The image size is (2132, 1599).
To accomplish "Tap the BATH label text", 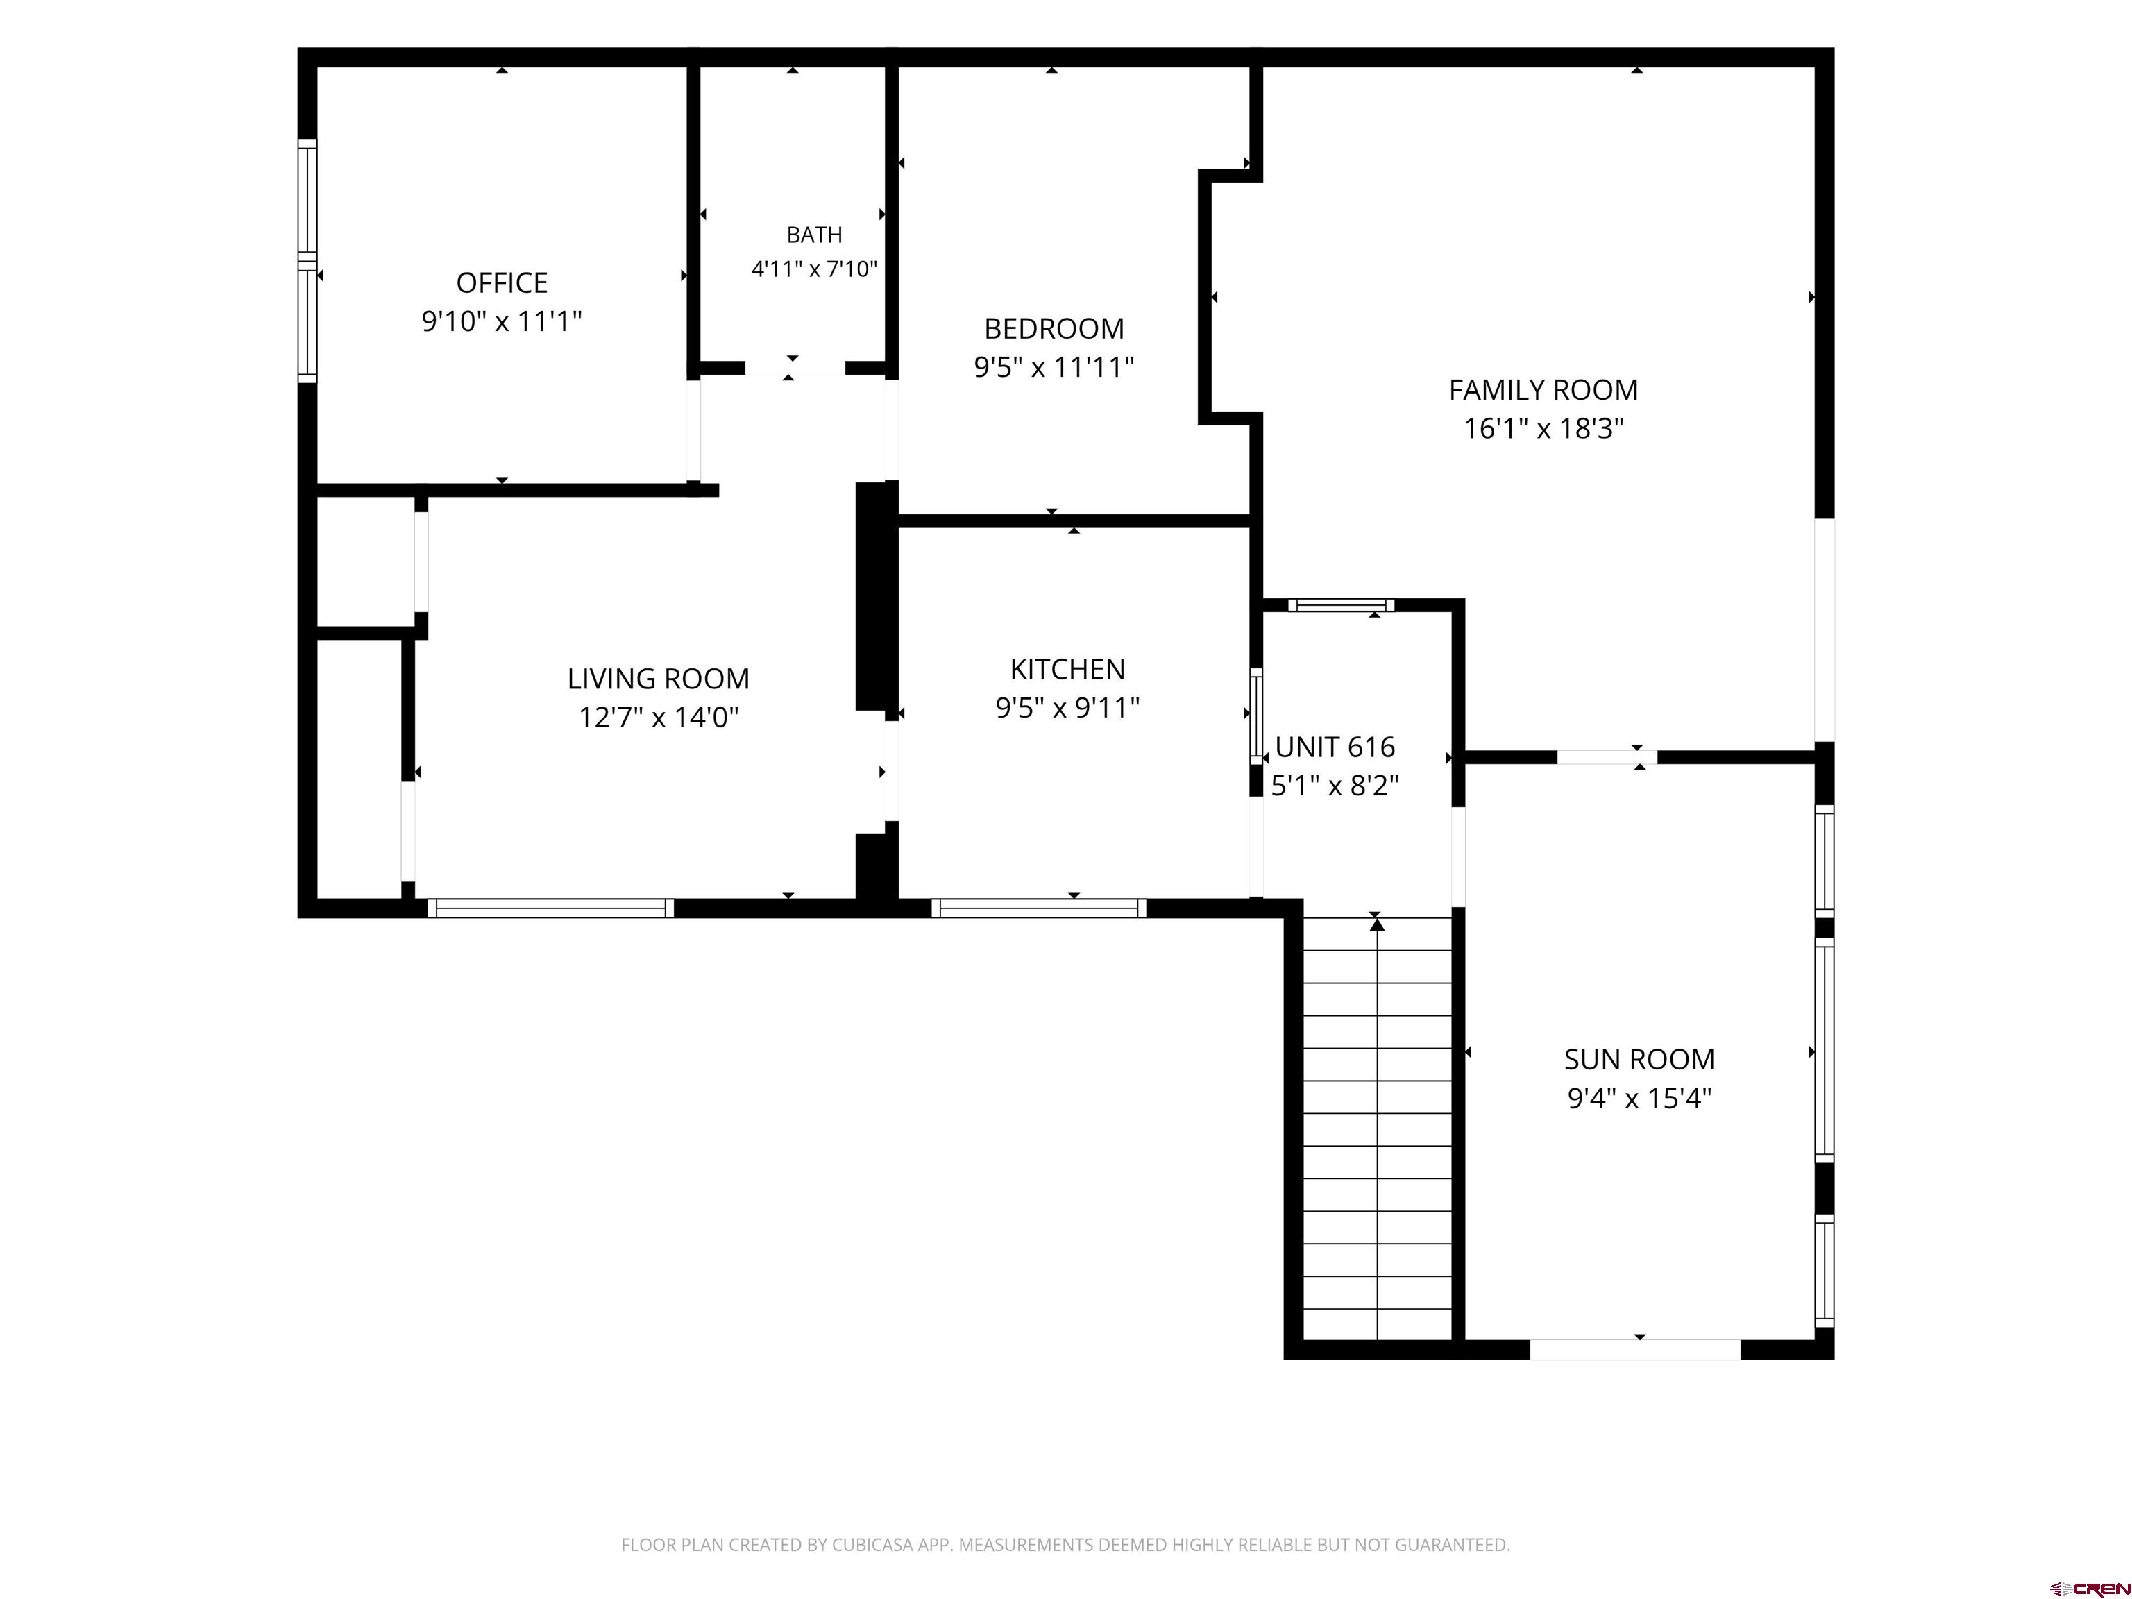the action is (x=815, y=234).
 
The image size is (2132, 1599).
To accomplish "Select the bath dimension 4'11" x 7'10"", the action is (x=815, y=268).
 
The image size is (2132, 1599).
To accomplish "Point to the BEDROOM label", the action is (x=1054, y=329).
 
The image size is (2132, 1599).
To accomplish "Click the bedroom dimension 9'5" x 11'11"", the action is (x=1054, y=367).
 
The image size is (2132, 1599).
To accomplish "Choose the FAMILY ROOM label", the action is (x=1543, y=389).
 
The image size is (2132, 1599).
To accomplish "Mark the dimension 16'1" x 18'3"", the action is (x=1543, y=428).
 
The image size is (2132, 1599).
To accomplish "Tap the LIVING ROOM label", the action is (x=659, y=679).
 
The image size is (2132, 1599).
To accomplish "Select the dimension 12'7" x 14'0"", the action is (x=659, y=717).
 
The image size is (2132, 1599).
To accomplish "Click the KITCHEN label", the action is (x=1067, y=669).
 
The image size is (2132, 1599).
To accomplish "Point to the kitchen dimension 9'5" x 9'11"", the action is (x=1067, y=707).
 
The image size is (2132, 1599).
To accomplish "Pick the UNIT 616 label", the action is (x=1335, y=747).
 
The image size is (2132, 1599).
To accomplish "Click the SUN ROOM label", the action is (x=1639, y=1059).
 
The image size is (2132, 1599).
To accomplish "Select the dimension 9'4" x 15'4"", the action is (x=1639, y=1098).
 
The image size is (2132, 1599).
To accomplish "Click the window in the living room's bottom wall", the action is (x=550, y=908).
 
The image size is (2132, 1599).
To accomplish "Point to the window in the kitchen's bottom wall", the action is (x=1039, y=908).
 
